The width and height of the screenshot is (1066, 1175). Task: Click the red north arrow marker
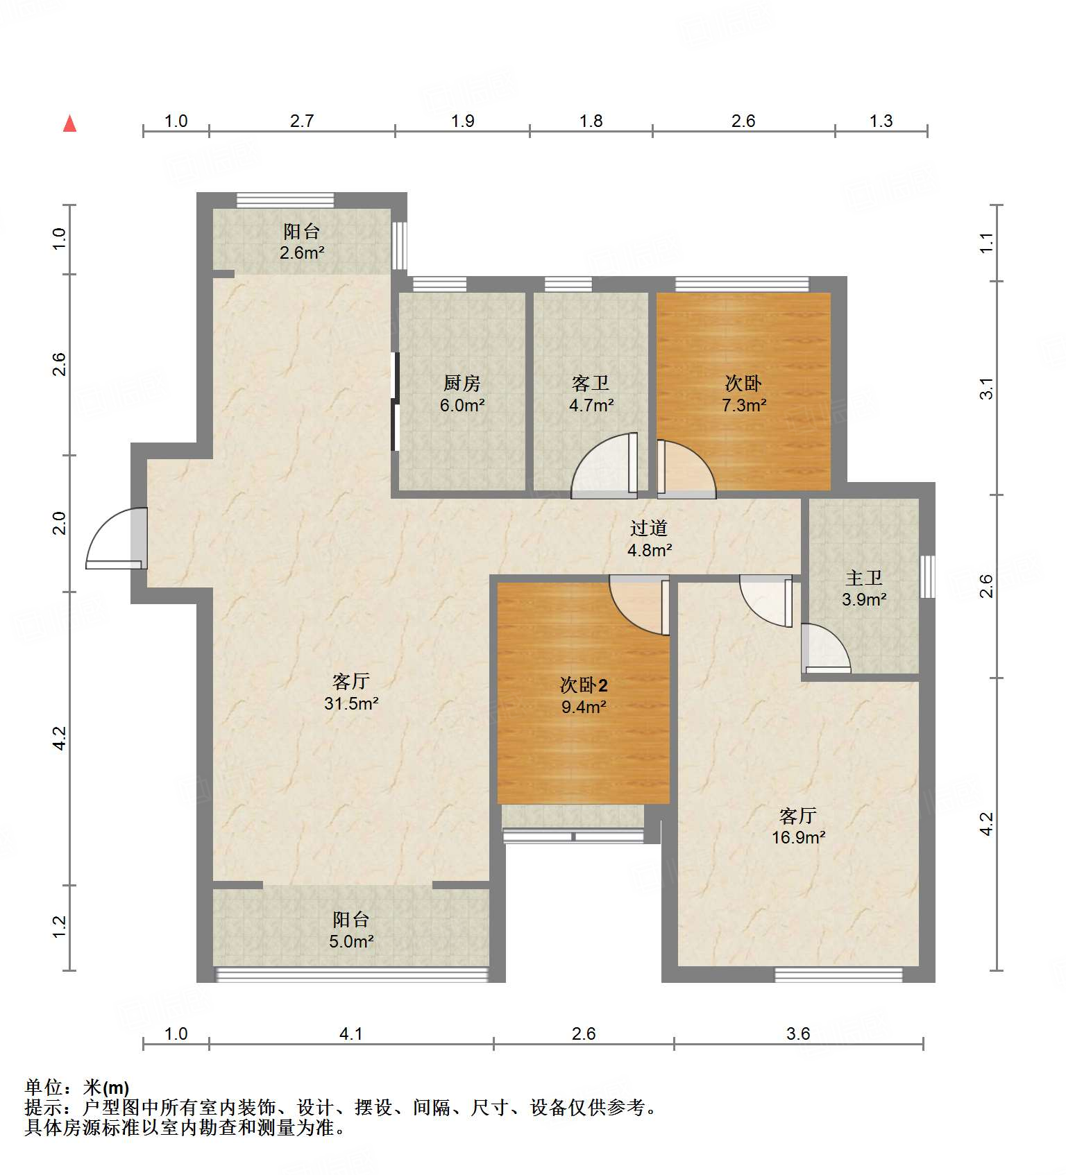click(x=69, y=124)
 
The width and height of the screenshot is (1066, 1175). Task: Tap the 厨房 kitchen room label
click(x=462, y=383)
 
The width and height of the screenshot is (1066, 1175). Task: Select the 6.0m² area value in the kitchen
click(x=462, y=405)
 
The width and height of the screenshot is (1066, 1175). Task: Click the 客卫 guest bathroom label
click(x=591, y=383)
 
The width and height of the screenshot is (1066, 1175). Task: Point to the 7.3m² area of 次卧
click(x=744, y=405)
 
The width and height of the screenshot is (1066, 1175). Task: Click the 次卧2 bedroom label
click(x=584, y=685)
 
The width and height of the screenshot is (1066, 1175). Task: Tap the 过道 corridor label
click(x=649, y=529)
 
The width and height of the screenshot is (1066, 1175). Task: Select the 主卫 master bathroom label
click(x=864, y=578)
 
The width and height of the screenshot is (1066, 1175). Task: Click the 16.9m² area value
click(x=798, y=837)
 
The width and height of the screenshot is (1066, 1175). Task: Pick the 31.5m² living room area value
click(x=351, y=703)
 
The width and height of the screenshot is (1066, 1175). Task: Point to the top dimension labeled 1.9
click(x=463, y=121)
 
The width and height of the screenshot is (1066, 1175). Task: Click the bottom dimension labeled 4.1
click(x=351, y=1034)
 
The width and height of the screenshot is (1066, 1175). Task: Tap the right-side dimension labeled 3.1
click(x=986, y=388)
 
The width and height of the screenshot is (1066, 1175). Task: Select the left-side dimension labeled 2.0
click(x=60, y=523)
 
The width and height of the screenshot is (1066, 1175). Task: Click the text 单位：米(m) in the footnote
click(x=77, y=1088)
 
